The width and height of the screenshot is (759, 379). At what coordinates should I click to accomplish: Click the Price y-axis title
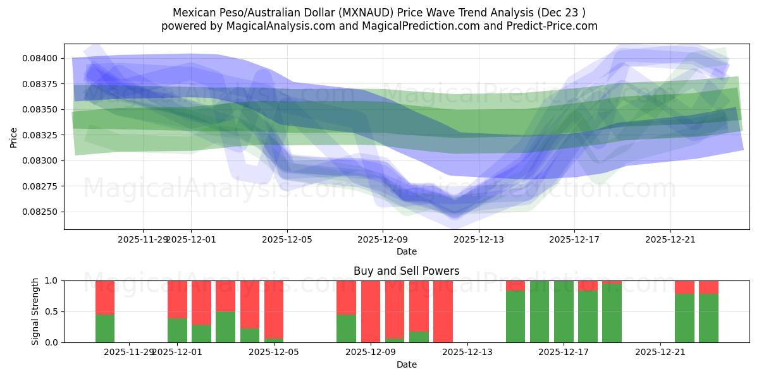(x=14, y=136)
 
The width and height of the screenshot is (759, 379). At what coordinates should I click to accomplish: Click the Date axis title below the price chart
(x=406, y=251)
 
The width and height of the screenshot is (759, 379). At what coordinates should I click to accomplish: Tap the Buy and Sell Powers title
(x=406, y=271)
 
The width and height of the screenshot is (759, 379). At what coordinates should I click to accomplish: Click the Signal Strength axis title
(x=36, y=311)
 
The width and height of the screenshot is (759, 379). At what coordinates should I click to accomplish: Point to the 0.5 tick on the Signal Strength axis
(x=52, y=311)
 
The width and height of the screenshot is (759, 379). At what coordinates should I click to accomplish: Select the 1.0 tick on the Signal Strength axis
(x=52, y=280)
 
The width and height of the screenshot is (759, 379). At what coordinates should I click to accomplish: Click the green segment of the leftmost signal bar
(x=105, y=328)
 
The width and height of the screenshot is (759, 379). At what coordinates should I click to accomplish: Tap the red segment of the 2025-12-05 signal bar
(x=274, y=310)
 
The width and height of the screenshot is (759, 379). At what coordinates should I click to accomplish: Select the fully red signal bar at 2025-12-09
(x=371, y=311)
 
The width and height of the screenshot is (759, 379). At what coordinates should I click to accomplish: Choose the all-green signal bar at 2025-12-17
(x=564, y=311)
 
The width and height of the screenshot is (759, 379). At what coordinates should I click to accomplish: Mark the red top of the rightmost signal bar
(x=708, y=287)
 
